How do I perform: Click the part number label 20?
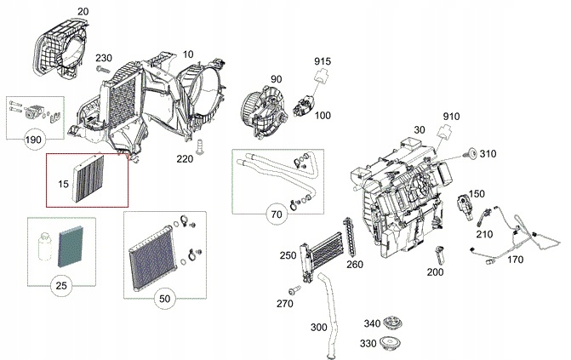[83, 11]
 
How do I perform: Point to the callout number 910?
[450, 116]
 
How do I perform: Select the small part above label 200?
[439, 253]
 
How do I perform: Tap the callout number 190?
[34, 138]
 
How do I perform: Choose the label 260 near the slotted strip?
[354, 264]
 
